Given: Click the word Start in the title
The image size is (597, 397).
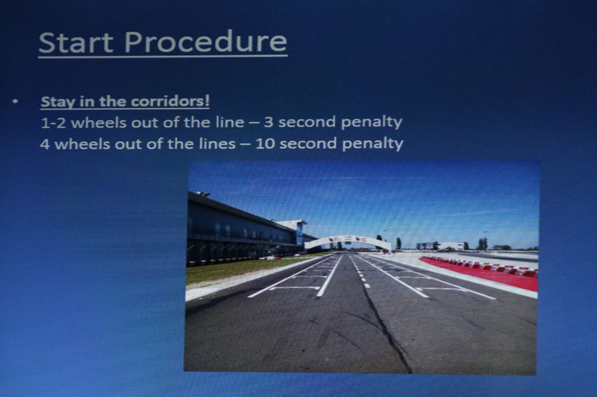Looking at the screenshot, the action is (76, 42).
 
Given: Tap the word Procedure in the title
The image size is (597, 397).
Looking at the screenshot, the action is (206, 42).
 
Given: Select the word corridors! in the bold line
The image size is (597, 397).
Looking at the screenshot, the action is (170, 101).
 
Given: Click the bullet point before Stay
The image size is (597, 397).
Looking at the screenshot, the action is (15, 101).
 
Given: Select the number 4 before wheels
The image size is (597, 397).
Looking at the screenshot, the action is (45, 144).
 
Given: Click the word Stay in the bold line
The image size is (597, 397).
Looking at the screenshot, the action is (57, 102).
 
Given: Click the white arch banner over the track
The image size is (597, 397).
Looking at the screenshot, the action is (348, 241).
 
